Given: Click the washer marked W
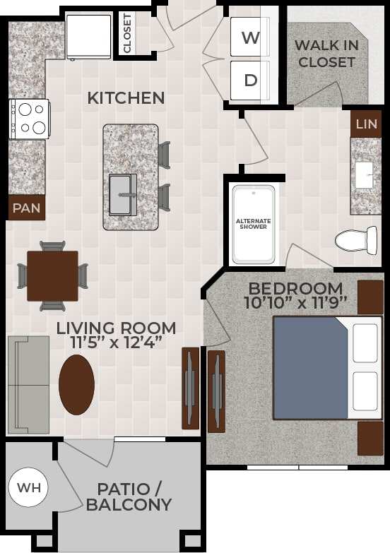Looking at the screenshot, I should [251, 38].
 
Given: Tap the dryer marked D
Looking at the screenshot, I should [251, 80].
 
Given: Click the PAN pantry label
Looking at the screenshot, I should [26, 208].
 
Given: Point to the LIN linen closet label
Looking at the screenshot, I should [366, 124].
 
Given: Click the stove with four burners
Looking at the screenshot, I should [30, 118].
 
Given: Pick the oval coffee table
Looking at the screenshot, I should [76, 384].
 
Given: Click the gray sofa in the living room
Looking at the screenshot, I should [28, 384].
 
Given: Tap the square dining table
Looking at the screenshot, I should [53, 275].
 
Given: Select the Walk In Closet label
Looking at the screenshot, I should [326, 54].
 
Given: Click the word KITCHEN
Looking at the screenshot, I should [126, 98].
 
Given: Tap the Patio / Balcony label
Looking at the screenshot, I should [129, 496].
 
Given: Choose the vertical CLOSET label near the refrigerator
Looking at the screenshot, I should [127, 32].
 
